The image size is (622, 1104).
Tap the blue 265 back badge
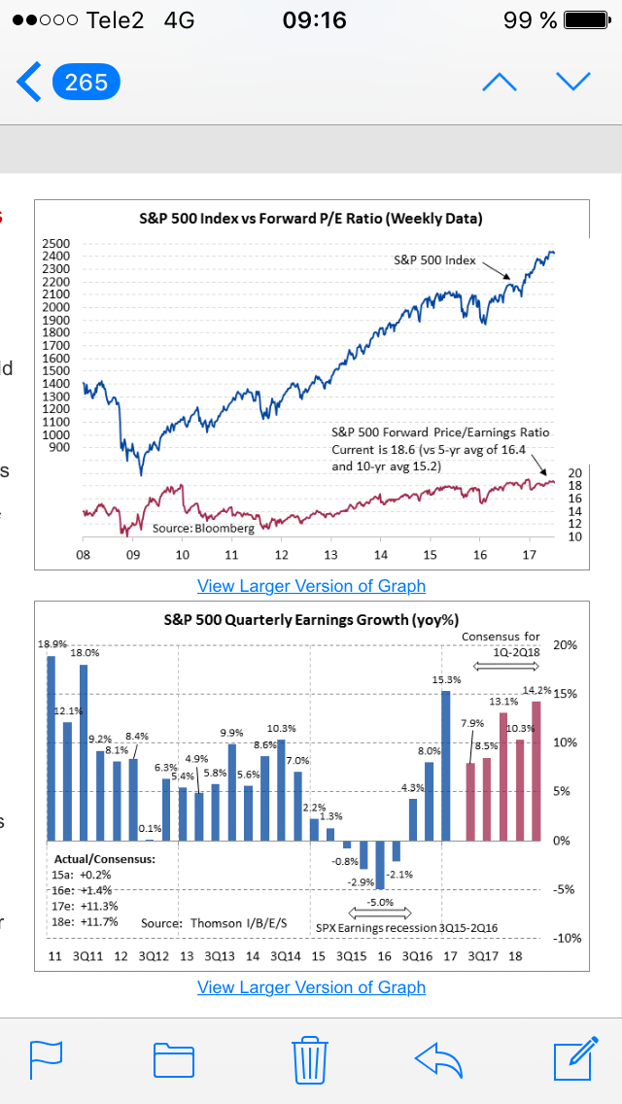(x=86, y=83)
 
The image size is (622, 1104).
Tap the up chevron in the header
(x=500, y=82)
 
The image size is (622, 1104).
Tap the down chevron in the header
(x=573, y=82)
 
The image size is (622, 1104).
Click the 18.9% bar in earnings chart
(x=52, y=747)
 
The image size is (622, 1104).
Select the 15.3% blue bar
(x=445, y=765)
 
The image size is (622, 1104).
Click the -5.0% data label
(x=380, y=902)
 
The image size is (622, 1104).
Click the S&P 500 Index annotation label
(x=434, y=259)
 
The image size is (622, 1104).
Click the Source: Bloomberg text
(x=203, y=528)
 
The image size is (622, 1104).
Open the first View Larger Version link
(x=311, y=586)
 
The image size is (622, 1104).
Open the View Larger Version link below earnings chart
(x=311, y=987)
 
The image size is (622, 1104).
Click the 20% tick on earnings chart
(x=565, y=645)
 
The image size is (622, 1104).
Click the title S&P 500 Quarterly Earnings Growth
(x=312, y=619)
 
